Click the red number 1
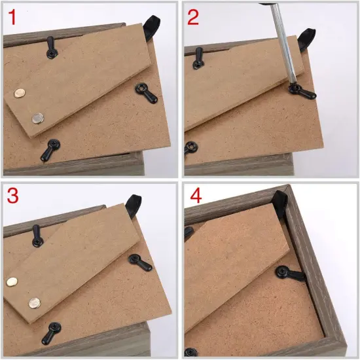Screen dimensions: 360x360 click(x=14, y=16)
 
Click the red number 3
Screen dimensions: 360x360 click(x=14, y=196)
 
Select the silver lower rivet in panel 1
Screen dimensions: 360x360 click(x=37, y=118)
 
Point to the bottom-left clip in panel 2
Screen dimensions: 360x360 click(x=191, y=148)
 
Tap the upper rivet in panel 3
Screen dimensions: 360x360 click(x=12, y=281)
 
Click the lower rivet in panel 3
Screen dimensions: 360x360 click(x=33, y=302)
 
